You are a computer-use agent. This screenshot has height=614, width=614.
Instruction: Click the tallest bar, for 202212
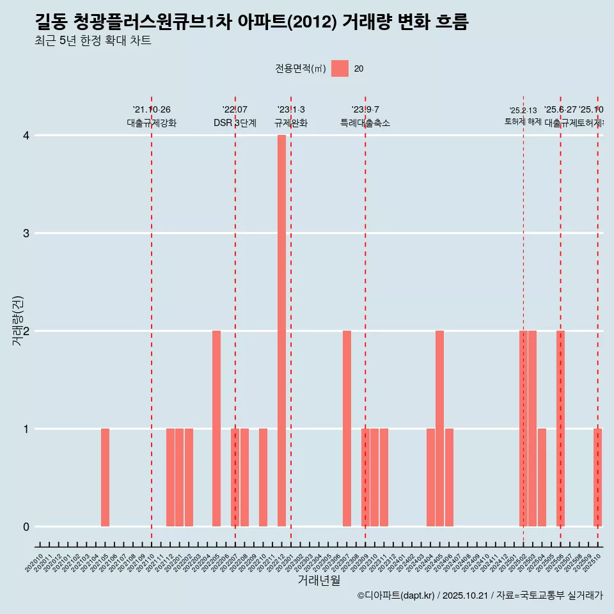pyautogui.click(x=281, y=331)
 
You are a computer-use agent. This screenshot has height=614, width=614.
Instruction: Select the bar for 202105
pyautogui.click(x=105, y=477)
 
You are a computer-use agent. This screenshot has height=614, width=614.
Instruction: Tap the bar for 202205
pyautogui.click(x=216, y=429)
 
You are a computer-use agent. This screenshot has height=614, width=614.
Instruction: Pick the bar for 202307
pyautogui.click(x=347, y=429)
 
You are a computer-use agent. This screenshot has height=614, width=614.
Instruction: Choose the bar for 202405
pyautogui.click(x=439, y=429)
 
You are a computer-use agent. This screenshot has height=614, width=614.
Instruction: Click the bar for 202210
pyautogui.click(x=263, y=477)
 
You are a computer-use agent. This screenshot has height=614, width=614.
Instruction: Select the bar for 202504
pyautogui.click(x=542, y=477)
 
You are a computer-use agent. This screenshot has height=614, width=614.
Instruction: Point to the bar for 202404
pyautogui.click(x=430, y=477)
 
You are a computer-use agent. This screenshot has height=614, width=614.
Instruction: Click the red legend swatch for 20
pyautogui.click(x=340, y=68)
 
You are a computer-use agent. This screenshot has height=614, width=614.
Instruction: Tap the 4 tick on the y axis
pyautogui.click(x=26, y=136)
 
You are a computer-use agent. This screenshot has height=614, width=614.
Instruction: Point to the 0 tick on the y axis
pyautogui.click(x=26, y=526)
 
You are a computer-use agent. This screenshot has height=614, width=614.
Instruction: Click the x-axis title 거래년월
pyautogui.click(x=319, y=580)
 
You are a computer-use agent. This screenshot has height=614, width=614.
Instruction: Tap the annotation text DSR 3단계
pyautogui.click(x=235, y=123)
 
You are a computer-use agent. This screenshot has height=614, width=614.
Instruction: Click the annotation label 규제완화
pyautogui.click(x=291, y=123)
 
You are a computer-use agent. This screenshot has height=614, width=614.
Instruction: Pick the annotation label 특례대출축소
pyautogui.click(x=365, y=123)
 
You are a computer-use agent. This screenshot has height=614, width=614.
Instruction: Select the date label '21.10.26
pyautogui.click(x=152, y=110)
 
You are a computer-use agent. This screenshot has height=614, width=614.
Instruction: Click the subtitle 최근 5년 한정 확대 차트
pyautogui.click(x=93, y=41)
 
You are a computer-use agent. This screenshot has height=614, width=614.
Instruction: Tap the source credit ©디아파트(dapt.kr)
pyautogui.click(x=396, y=595)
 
